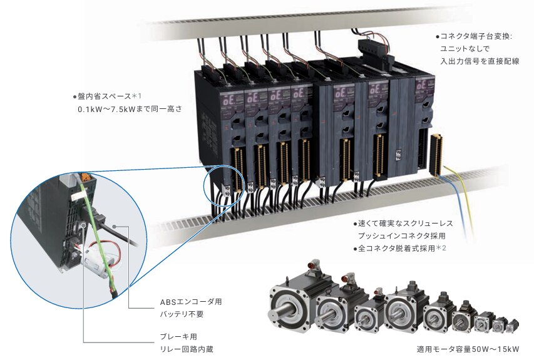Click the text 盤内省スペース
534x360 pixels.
[104, 96]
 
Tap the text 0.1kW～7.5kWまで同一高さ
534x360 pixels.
[130, 110]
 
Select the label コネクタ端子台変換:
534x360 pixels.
[476, 36]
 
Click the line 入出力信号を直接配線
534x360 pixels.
[480, 61]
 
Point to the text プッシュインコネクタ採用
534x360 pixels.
[401, 235]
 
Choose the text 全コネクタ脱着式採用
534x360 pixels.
[396, 249]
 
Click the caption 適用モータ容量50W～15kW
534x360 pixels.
[468, 349]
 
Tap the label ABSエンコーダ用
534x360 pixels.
[191, 302]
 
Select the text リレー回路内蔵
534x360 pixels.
[187, 349]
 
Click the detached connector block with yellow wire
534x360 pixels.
[436, 155]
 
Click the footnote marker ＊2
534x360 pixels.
[441, 248]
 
